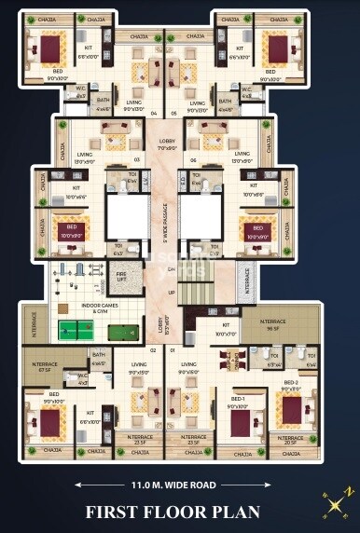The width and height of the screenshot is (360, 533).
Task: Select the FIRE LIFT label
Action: point(121,277)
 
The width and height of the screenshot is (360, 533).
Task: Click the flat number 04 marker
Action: point(154,115)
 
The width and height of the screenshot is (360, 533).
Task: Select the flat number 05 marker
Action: point(174,115)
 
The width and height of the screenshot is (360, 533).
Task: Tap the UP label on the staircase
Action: point(171,292)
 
